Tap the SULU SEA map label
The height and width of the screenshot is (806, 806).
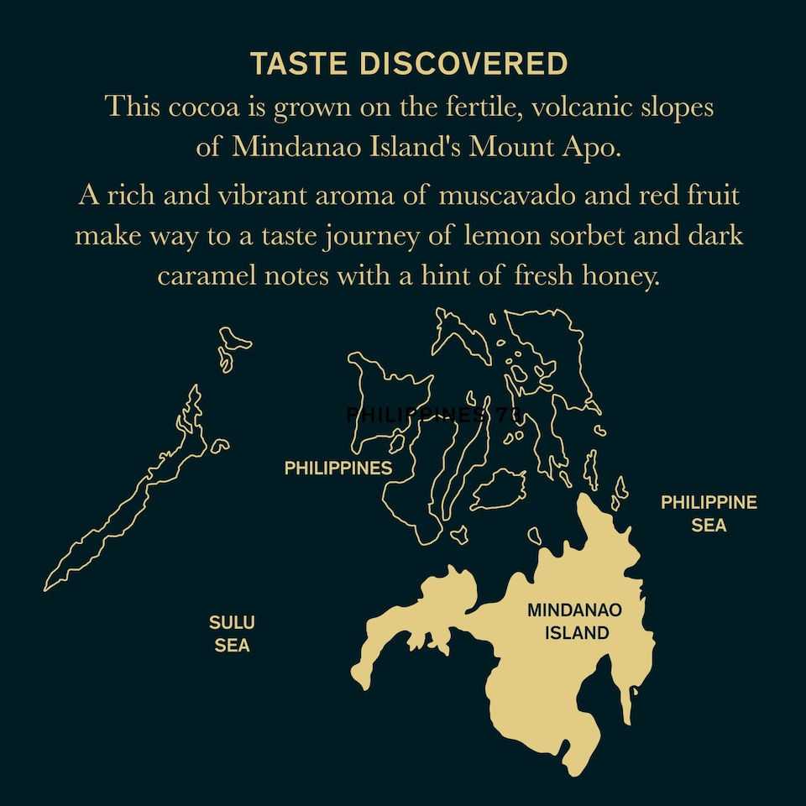pos(232,634)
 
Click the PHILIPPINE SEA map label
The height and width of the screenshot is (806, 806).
pos(709,514)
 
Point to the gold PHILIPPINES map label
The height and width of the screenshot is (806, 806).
pos(338,468)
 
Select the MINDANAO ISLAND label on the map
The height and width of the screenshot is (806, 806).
pos(575,621)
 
